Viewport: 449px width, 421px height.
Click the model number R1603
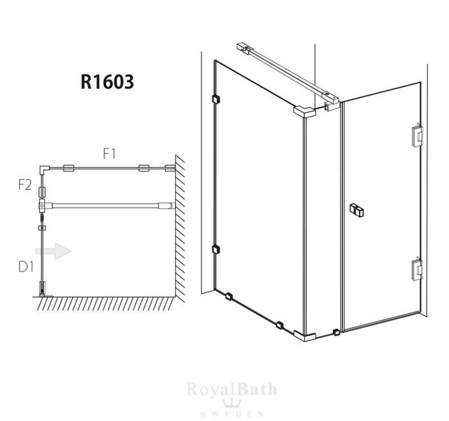(107, 82)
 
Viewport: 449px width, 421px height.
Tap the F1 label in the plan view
(110, 154)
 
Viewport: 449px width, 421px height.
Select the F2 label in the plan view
(25, 185)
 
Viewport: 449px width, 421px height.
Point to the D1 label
(26, 267)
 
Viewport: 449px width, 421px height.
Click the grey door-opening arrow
(53, 252)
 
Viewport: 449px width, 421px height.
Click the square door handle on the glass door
(357, 210)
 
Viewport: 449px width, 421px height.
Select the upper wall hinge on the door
(417, 136)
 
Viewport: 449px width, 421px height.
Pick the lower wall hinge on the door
(417, 270)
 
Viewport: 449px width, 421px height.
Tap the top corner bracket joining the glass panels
(305, 112)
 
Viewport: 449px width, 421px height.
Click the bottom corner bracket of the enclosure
(305, 336)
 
